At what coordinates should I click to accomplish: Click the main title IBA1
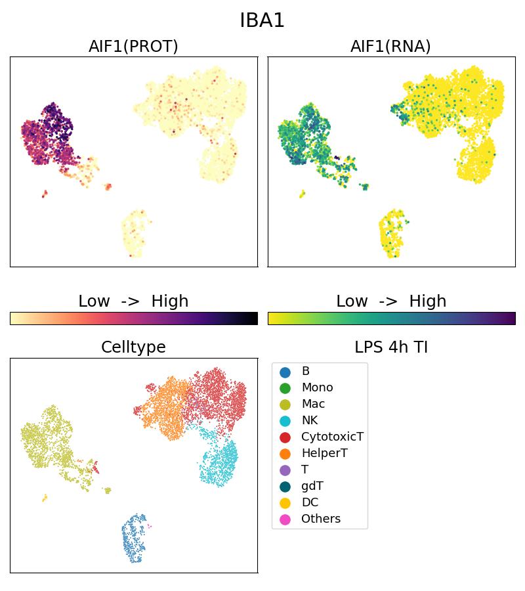pos(262,20)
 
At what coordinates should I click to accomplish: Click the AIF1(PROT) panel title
pos(133,46)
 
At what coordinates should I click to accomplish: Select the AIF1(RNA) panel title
pos(390,46)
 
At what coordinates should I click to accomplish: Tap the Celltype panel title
pos(133,347)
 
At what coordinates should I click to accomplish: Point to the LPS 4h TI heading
pos(390,347)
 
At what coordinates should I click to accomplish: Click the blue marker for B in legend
pos(285,372)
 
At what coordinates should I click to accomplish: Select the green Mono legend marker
pos(285,388)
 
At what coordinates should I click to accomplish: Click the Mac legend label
pos(313,404)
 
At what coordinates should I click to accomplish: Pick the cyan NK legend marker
pos(285,421)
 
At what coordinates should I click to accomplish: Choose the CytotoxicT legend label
pos(332,437)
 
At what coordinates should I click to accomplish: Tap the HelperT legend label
pos(324,453)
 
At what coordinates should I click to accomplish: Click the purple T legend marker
pos(285,470)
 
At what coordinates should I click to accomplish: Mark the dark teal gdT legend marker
pos(285,487)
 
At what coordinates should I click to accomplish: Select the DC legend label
pos(310,502)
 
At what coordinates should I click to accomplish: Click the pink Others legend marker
pos(285,519)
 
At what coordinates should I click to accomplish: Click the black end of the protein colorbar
pos(254,318)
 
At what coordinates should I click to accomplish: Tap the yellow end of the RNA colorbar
pos(272,318)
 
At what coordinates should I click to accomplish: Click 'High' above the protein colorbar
pos(169,301)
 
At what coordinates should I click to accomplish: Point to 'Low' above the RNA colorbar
pos(352,301)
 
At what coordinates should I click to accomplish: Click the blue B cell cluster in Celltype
pos(135,538)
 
